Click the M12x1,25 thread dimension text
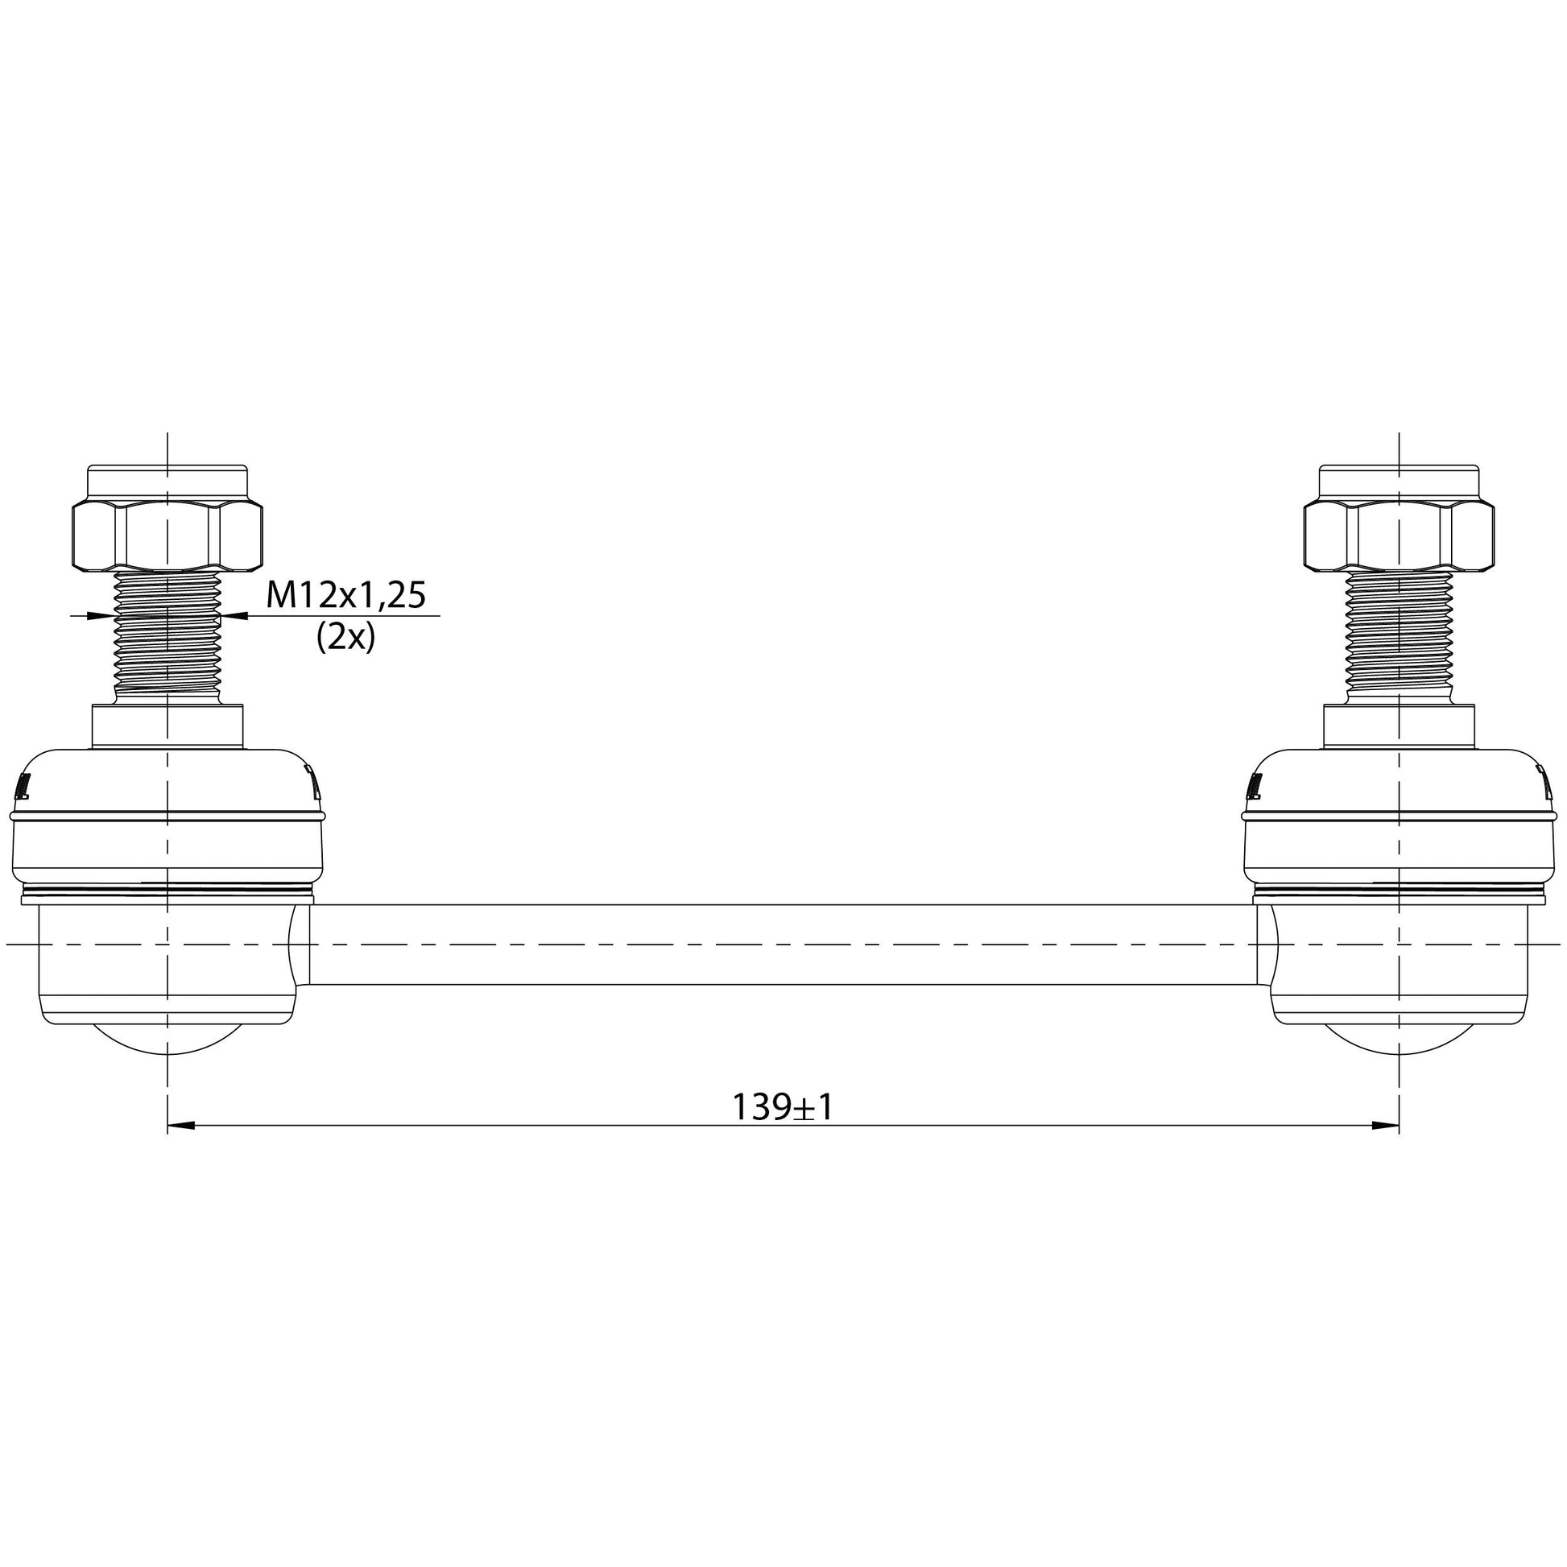pos(346,596)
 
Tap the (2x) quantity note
pos(345,638)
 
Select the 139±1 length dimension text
pos(783,1107)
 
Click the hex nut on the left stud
pos(167,536)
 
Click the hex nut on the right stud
pos(1400,536)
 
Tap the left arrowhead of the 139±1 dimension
pos(181,1126)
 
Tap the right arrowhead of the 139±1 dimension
pos(1385,1126)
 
